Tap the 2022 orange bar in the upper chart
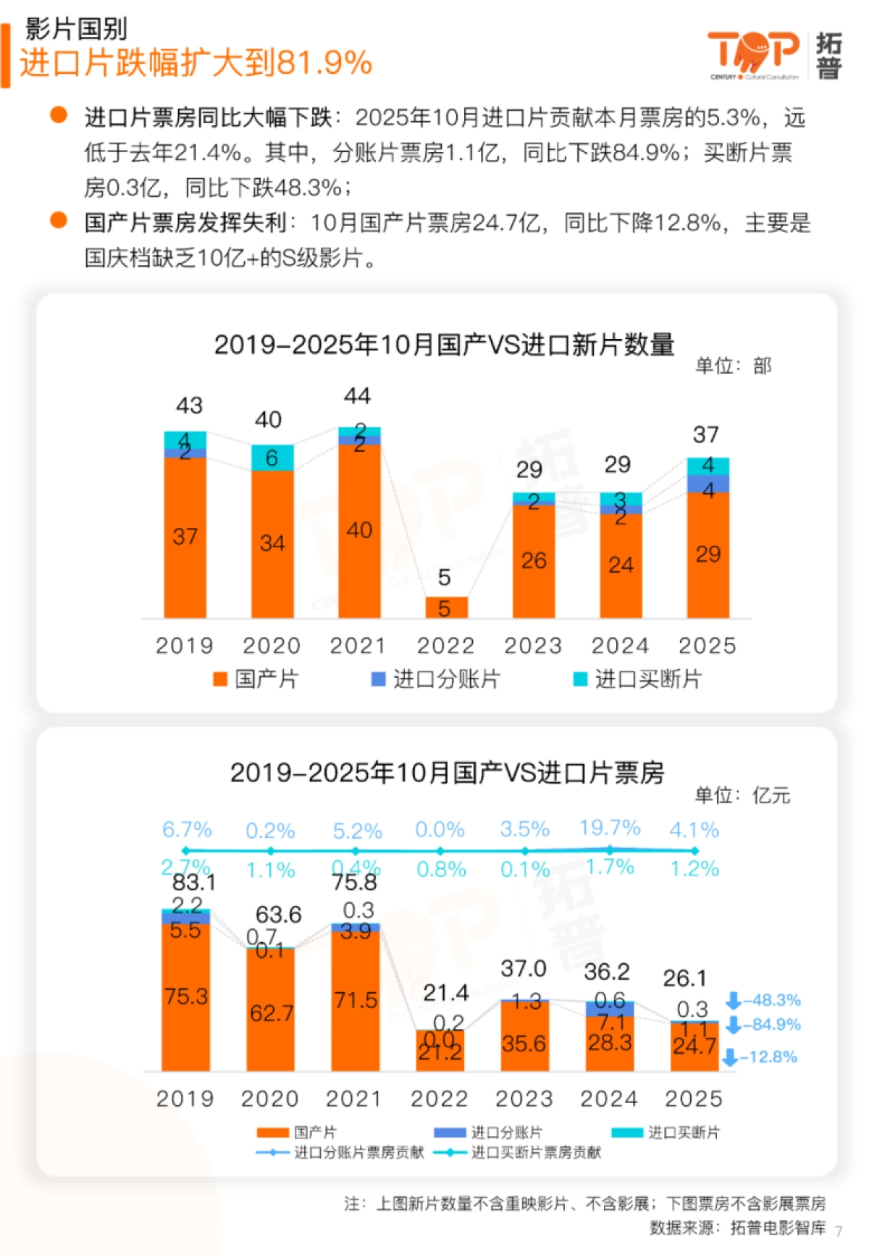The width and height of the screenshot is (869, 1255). pos(446,608)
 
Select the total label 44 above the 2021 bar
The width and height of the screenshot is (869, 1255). pos(357,396)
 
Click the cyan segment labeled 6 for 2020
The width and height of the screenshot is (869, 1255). pos(272,458)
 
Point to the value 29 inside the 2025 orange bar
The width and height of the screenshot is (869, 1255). pos(708,554)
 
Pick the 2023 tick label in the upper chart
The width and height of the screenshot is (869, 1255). pos(533,645)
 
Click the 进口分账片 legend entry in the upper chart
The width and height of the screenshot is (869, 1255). pos(435,679)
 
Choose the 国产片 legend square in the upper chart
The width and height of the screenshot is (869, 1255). pos(220,679)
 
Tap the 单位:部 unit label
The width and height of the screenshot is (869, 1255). pos(733,366)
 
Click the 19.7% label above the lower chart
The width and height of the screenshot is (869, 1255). pos(610,828)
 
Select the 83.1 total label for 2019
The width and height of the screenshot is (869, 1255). pos(194,882)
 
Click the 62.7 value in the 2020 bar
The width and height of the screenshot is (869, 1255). pos(272,1013)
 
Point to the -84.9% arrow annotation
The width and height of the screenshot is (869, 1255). pos(763,1025)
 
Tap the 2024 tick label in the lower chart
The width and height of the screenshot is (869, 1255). pos(609,1099)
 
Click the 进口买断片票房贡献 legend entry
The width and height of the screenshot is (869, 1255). pos(519,1152)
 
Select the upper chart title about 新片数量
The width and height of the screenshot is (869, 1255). pos(444,345)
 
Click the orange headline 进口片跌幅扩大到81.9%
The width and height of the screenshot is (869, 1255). pos(196,63)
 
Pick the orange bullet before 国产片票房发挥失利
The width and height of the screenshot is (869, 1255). pos(59,220)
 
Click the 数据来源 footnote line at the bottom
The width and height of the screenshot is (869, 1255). pos(737,1227)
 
